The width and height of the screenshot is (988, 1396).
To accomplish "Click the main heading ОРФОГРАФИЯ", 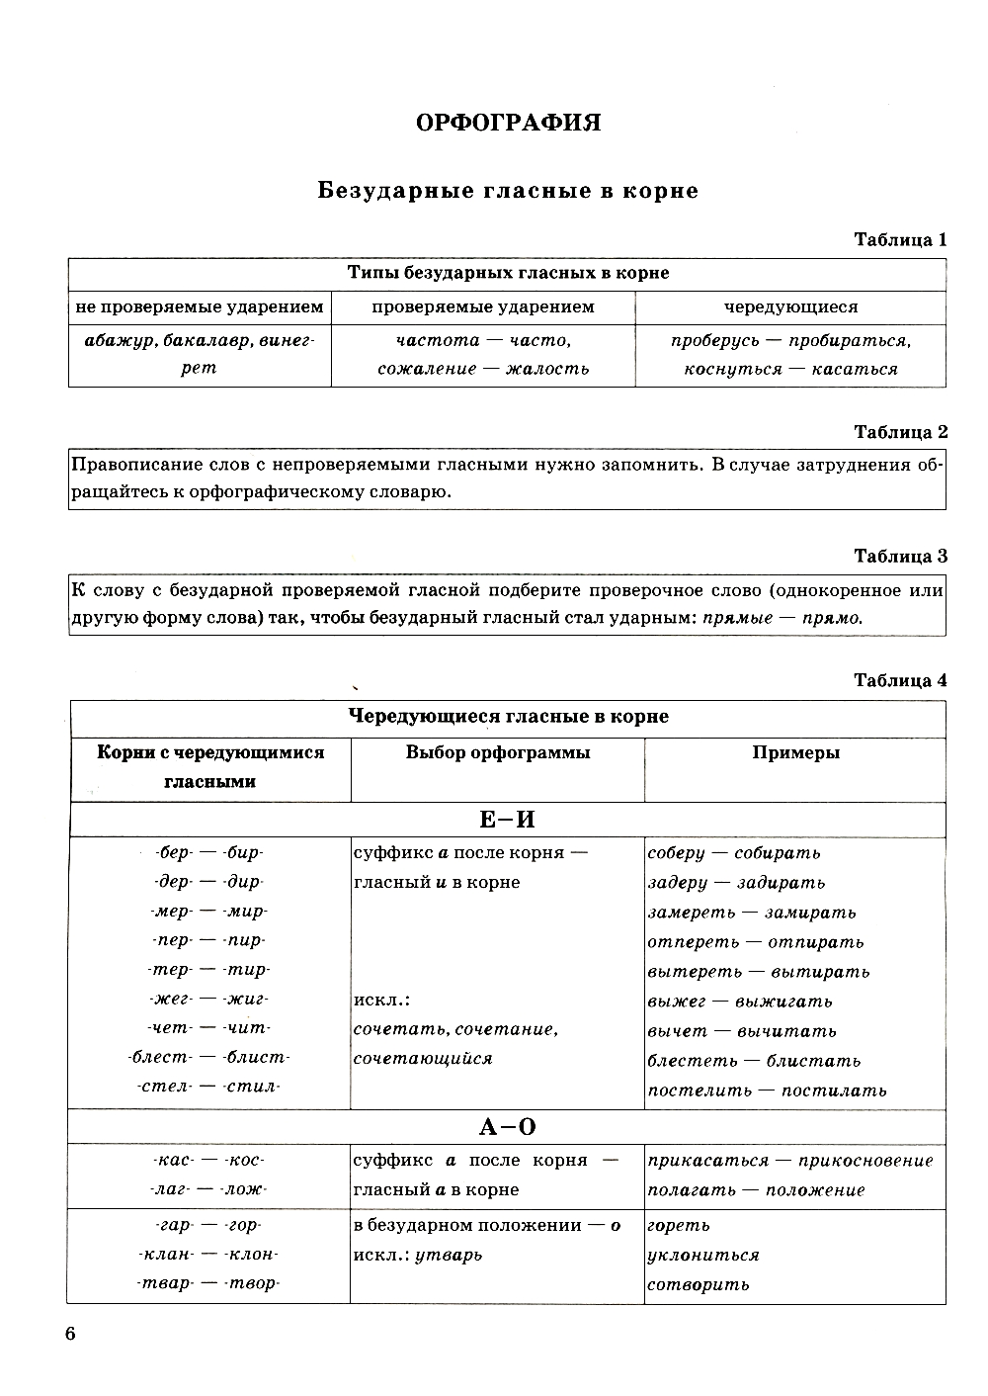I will tap(508, 123).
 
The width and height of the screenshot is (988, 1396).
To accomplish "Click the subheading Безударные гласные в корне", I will tap(508, 191).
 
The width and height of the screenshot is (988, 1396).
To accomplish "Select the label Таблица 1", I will tap(900, 240).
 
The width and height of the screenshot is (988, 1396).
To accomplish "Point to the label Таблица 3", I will tap(900, 557).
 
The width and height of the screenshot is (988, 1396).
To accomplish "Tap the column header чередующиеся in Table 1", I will tap(790, 307).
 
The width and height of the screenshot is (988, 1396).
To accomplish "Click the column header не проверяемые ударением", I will tap(200, 307).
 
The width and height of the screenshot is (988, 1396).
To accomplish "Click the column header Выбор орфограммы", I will tap(498, 753).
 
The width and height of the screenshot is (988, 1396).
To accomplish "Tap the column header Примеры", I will tap(795, 753).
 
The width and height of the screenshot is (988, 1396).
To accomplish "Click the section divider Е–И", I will tap(507, 820).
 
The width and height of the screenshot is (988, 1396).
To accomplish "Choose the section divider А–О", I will tap(507, 1127).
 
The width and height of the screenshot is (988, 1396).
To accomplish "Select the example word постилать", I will tap(834, 1091).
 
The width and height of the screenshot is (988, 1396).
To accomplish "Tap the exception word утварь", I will tap(449, 1256).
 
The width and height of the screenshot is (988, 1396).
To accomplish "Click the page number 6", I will tap(70, 1334).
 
